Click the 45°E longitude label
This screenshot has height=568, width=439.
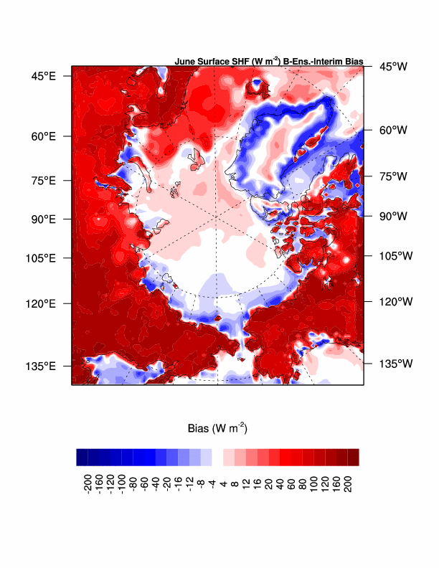43,75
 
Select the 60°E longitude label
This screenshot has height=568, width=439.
43,136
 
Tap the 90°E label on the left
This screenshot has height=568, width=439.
43,219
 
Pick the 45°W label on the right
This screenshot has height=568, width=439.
393,67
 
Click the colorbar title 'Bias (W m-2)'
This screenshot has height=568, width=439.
217,429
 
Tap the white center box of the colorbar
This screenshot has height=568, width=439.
218,457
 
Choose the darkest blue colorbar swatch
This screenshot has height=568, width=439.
82,457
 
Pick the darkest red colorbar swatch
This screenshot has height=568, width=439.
353,457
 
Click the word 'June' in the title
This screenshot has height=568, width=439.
185,62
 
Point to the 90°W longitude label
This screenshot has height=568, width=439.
393,215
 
